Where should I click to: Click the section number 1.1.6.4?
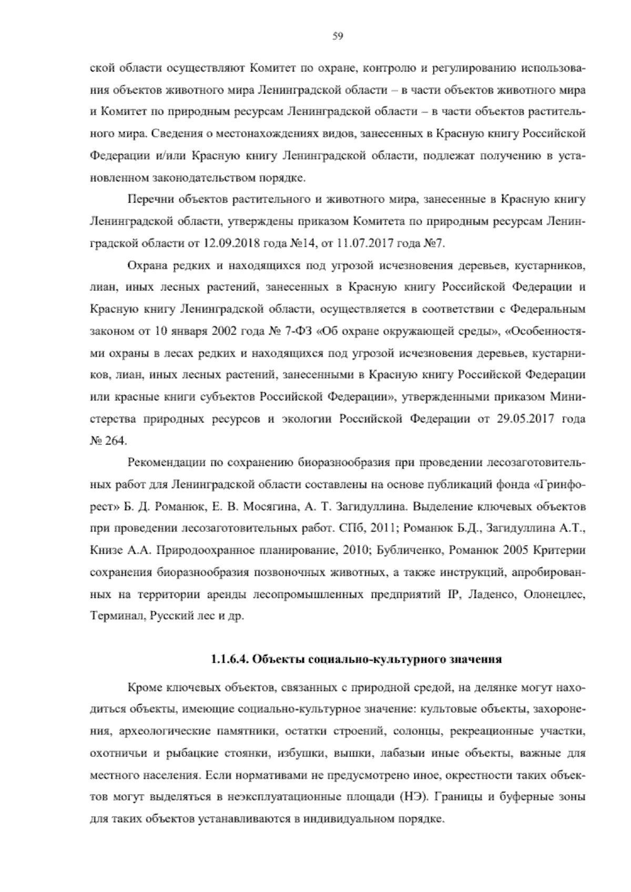[229, 658]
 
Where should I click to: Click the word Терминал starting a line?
[112, 616]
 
